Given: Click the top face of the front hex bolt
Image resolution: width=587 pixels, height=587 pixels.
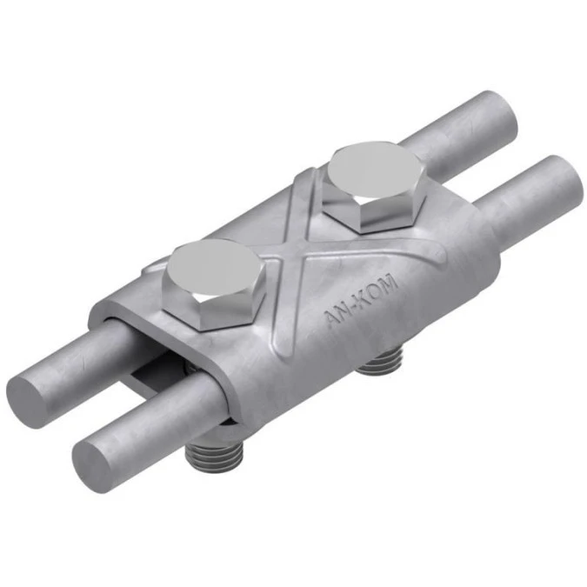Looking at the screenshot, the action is pos(214,268).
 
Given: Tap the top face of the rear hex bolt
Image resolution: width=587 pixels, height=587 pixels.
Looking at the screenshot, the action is pos(375,170).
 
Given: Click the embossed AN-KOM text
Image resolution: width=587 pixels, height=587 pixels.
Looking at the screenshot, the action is pos(359,302).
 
